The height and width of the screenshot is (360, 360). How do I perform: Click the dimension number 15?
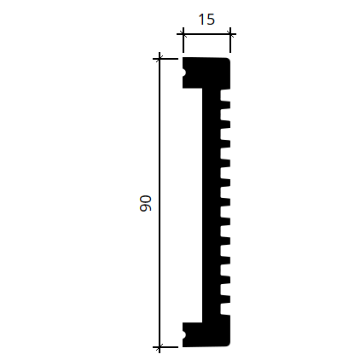coord(206,20)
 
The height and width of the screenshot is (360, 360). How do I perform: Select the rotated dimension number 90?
coord(146,203)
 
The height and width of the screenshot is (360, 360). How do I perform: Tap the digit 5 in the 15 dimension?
coord(211,20)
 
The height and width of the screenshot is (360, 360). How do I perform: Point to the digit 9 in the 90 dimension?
coord(146,207)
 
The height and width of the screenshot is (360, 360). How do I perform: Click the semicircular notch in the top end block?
coord(184,73)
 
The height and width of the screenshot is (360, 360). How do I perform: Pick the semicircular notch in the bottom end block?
coord(184,334)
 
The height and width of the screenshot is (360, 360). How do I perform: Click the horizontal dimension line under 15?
coord(206,34)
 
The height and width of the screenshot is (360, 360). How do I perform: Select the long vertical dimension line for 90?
coord(160,203)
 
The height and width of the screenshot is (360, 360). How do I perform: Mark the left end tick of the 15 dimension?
coord(183,35)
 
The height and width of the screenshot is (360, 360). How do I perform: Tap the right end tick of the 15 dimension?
coord(230,35)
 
